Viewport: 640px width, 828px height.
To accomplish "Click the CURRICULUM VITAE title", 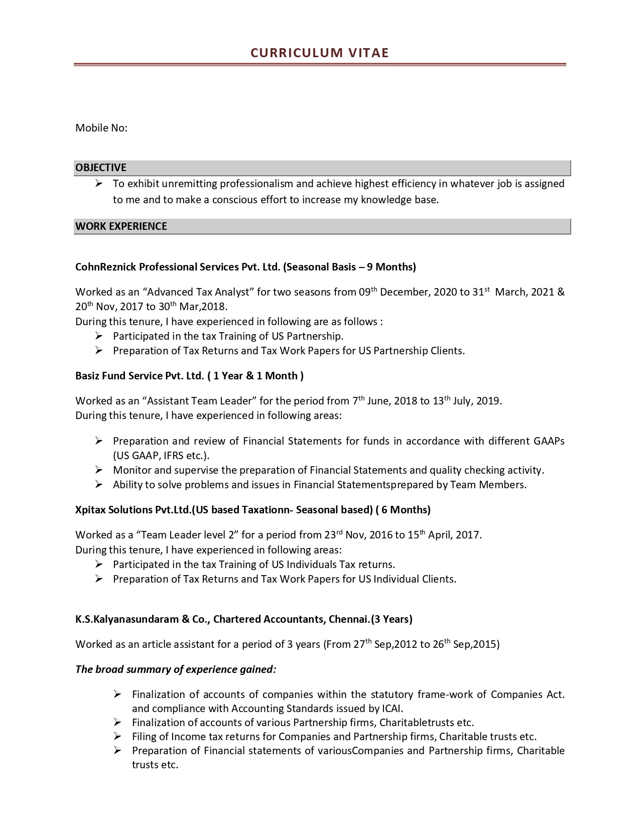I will (x=320, y=53).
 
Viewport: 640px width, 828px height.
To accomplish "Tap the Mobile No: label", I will (x=101, y=128).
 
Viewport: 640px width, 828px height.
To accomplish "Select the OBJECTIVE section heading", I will (x=101, y=168).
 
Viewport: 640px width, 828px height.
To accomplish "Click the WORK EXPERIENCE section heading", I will (x=121, y=226).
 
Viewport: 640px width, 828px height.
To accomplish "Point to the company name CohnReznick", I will (x=106, y=267).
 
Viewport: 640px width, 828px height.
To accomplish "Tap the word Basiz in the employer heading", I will (x=87, y=376).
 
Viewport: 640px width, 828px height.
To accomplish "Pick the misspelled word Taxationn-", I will (x=267, y=510).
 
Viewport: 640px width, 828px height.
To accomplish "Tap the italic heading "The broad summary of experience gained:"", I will (x=176, y=669).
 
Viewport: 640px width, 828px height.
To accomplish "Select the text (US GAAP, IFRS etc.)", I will (x=161, y=456).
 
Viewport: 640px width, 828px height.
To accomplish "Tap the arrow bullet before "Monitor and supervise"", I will (x=99, y=470).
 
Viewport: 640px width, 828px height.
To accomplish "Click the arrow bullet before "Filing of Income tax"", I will (x=117, y=737).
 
